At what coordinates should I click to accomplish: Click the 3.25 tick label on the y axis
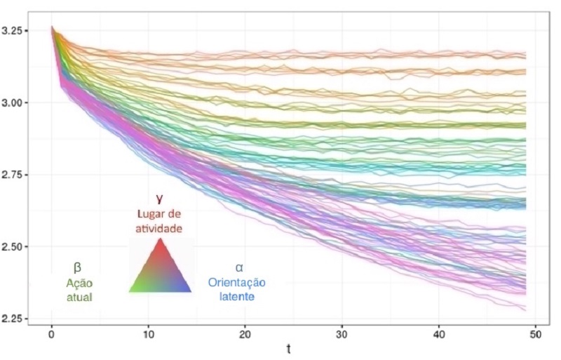(x=15, y=31)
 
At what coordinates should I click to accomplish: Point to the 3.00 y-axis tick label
(x=15, y=103)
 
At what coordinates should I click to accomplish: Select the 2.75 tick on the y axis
(x=15, y=175)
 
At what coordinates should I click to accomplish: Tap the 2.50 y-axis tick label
(x=15, y=247)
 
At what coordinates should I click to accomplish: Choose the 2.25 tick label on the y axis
(x=15, y=319)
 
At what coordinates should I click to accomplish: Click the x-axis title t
(x=288, y=349)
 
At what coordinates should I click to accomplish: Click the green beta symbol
(x=78, y=267)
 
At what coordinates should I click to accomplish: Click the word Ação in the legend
(x=79, y=284)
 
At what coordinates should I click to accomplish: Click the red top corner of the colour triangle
(x=161, y=241)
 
